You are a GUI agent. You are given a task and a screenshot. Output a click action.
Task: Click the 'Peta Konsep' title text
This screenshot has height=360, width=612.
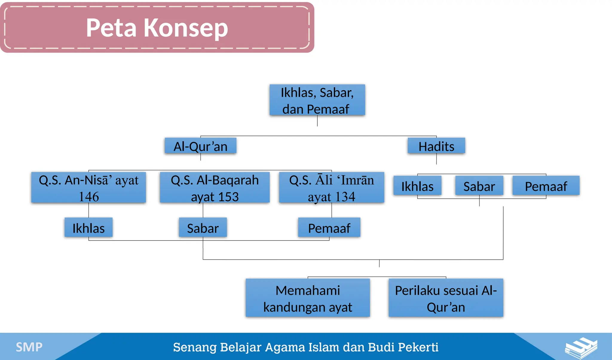click(157, 28)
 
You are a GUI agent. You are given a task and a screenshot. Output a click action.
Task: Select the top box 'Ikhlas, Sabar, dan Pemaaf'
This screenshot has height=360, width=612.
click(317, 100)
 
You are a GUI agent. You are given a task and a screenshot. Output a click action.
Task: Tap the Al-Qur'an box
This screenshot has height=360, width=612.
click(201, 146)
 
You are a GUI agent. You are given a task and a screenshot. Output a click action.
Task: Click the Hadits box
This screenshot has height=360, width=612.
click(436, 146)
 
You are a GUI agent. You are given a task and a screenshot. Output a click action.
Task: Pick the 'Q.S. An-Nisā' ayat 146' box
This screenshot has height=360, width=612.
click(89, 188)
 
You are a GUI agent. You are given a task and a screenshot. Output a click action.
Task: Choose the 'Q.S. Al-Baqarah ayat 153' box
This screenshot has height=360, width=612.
click(215, 188)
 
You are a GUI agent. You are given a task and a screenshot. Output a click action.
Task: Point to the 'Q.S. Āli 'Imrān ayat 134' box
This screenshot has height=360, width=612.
click(331, 188)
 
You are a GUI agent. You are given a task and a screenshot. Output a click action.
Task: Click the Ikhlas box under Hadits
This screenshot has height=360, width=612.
click(417, 186)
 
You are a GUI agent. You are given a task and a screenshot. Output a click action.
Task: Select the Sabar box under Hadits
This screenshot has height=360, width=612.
click(479, 186)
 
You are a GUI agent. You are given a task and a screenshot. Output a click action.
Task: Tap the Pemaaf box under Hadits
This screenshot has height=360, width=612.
click(546, 186)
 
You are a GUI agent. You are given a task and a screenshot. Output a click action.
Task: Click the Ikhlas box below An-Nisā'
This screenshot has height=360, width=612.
click(88, 228)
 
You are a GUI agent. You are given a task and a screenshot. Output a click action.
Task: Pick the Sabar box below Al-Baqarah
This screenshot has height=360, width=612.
click(203, 228)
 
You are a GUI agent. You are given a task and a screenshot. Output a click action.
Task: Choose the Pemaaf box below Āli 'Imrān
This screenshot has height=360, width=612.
click(329, 228)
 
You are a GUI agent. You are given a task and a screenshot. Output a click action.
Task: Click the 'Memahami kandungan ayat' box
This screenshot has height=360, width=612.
click(307, 298)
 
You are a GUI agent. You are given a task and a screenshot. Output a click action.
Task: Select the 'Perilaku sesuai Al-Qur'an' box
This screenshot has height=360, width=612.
click(446, 298)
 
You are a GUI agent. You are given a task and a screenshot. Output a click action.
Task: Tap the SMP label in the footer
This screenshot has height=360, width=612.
click(29, 347)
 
